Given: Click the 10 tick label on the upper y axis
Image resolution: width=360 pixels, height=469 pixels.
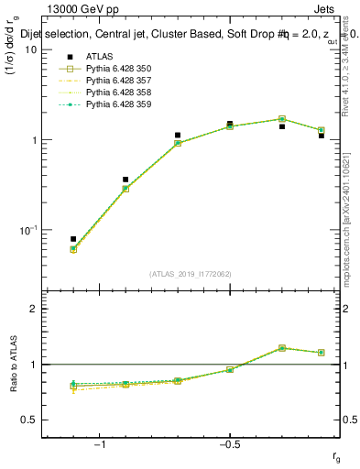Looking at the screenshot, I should (x=30, y=49).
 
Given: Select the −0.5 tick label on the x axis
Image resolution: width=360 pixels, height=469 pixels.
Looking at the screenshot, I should (x=229, y=444).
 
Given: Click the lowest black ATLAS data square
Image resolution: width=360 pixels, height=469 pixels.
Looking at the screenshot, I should (x=73, y=239).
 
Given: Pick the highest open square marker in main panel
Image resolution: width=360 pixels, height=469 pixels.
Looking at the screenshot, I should (x=282, y=119).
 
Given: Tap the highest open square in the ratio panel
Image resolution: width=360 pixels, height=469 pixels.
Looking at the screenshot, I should (x=282, y=348).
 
